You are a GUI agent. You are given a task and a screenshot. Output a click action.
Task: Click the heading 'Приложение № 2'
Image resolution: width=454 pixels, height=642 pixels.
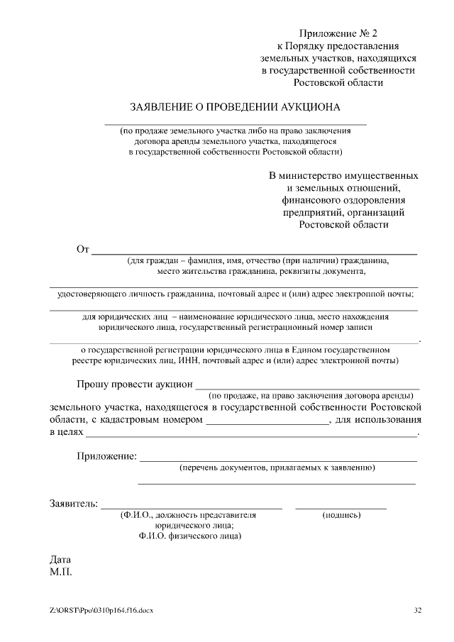coord(339,33)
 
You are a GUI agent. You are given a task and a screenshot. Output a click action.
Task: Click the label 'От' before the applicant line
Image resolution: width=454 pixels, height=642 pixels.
coord(82,249)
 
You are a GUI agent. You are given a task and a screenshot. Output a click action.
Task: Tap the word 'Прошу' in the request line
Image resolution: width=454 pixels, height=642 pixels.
coord(94,384)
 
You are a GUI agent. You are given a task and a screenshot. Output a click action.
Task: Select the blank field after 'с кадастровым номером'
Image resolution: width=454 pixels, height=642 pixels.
coord(267,423)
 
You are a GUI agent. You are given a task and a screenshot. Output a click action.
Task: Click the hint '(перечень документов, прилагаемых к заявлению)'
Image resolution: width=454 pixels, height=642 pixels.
coord(277,468)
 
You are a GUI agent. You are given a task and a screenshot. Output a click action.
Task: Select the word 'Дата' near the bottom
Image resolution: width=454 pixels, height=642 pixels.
coord(60,559)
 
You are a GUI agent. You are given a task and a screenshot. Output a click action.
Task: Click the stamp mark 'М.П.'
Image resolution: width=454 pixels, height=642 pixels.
coord(60,571)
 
